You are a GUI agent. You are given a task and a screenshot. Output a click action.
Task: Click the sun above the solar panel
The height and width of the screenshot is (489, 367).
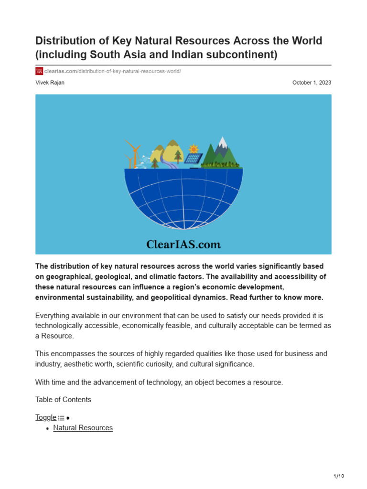[x=193, y=149]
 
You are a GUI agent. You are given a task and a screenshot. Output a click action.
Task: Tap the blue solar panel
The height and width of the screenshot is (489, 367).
[x=194, y=159]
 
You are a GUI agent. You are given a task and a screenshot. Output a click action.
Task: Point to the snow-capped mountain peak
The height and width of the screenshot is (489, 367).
[x=222, y=142]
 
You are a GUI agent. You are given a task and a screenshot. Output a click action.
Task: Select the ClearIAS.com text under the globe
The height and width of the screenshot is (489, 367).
[x=183, y=244]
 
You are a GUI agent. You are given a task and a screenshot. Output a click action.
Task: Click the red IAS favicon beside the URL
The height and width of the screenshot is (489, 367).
[x=39, y=71]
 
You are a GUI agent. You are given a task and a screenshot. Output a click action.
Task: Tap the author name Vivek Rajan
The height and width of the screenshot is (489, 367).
[x=50, y=83]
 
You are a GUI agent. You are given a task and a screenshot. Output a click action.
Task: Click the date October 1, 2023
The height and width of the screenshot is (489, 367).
[x=312, y=83]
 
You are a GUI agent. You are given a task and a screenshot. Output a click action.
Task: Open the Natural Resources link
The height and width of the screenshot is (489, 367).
[x=83, y=428]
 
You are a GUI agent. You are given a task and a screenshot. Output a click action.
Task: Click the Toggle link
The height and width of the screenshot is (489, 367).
[x=46, y=417]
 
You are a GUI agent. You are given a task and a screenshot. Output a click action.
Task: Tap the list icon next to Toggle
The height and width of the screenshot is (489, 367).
[x=61, y=418]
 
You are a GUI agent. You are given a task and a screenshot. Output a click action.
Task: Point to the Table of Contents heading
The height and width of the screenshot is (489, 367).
[x=63, y=400]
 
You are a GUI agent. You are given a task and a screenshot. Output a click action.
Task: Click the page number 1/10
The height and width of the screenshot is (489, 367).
[x=338, y=476]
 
